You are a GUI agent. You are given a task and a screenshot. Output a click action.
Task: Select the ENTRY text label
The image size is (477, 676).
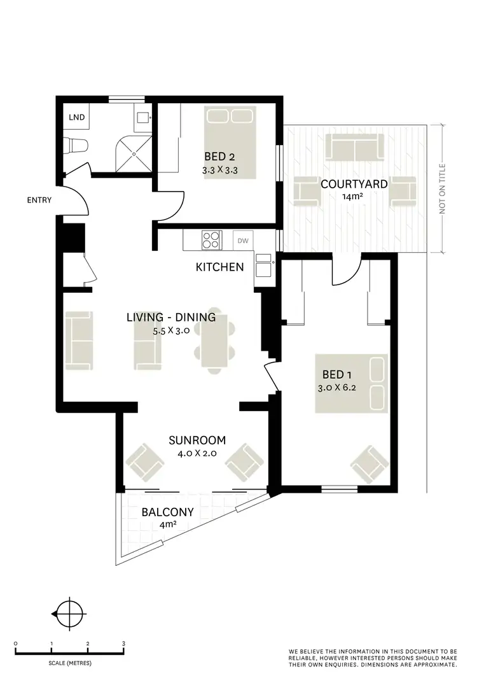click(39, 201)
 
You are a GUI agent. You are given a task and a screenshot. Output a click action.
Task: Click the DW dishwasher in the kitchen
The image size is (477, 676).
click(242, 241)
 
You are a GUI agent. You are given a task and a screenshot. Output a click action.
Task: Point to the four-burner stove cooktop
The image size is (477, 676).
click(212, 241)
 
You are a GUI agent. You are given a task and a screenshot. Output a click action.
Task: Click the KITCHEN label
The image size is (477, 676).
click(219, 267)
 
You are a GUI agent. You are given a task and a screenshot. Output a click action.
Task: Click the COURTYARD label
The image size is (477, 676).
click(354, 184)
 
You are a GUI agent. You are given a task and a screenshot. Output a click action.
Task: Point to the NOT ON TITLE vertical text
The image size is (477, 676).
click(443, 188)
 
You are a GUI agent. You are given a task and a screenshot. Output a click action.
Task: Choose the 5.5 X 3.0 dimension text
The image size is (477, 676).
click(171, 331)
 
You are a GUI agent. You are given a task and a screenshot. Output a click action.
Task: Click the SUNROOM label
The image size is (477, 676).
click(197, 440)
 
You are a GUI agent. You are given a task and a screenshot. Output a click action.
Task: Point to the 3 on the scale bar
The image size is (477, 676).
click(123, 644)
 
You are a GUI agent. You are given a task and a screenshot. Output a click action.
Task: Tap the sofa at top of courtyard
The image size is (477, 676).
click(354, 147)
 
